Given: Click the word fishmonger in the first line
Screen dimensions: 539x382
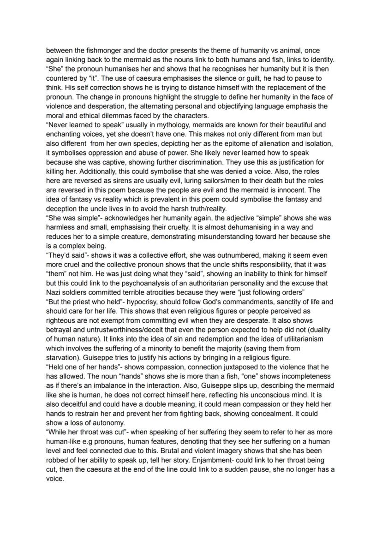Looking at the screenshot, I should click(x=92, y=50).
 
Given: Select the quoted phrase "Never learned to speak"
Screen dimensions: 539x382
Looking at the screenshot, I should click(x=84, y=124).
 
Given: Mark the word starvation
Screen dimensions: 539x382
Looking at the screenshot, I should click(x=63, y=357).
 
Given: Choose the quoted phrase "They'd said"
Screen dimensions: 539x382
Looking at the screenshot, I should click(x=65, y=255).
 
